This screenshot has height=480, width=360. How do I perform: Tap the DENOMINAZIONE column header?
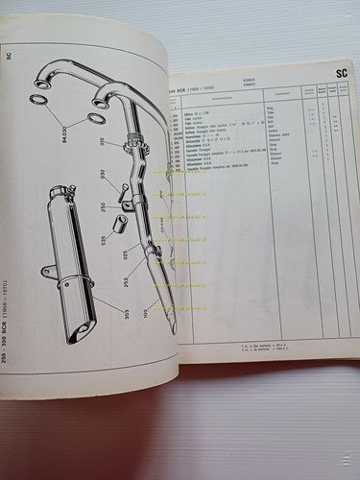(224, 96)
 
